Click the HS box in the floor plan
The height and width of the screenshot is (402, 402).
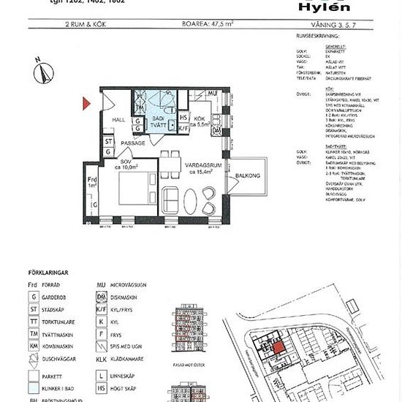[x=183, y=118]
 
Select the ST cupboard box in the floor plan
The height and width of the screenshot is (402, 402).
[x=107, y=141]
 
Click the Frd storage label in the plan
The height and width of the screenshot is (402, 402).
[x=92, y=181]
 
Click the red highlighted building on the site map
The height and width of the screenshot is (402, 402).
[x=278, y=346]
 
